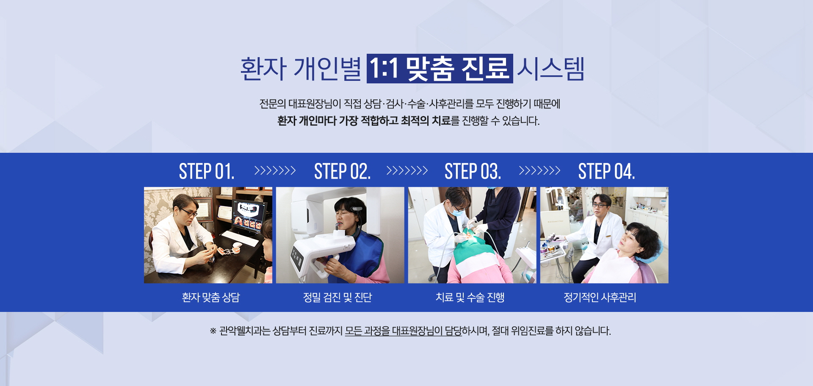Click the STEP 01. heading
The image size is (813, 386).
[207, 171]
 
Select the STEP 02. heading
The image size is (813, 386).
[342, 171]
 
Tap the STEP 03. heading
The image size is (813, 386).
[473, 171]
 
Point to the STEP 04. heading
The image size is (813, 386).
[606, 171]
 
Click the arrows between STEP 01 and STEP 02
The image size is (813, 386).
[275, 171]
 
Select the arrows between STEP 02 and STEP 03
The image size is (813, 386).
[407, 171]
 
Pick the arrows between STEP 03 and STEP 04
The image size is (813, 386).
[539, 171]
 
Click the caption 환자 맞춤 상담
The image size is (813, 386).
[211, 298]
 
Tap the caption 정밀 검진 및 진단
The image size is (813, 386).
[337, 298]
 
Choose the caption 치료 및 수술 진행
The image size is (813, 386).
[470, 298]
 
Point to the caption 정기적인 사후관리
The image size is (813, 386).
[600, 298]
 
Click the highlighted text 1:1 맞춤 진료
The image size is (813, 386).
[440, 69]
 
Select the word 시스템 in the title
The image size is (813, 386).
[551, 69]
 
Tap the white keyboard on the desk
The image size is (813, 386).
[241, 238]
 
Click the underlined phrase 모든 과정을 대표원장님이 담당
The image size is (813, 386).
[403, 331]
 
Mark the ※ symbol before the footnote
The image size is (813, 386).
[213, 331]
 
